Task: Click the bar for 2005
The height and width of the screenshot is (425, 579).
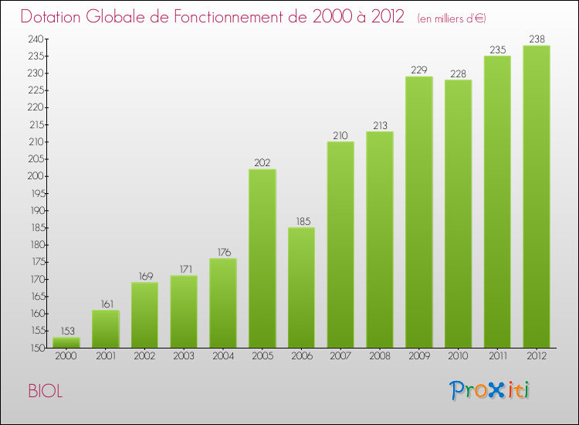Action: coord(262,259)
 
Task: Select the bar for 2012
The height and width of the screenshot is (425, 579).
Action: coord(536,197)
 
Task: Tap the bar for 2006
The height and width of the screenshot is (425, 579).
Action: coord(301,287)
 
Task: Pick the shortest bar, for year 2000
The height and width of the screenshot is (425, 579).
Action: coord(66,342)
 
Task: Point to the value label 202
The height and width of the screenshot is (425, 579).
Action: coord(262,161)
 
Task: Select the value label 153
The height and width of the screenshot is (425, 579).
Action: coord(66,330)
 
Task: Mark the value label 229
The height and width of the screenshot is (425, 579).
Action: coord(418,69)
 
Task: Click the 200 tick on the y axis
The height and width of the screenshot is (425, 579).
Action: coord(35,176)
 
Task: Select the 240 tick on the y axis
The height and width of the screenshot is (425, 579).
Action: coord(35,39)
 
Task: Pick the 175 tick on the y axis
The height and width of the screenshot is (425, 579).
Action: coord(35,262)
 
